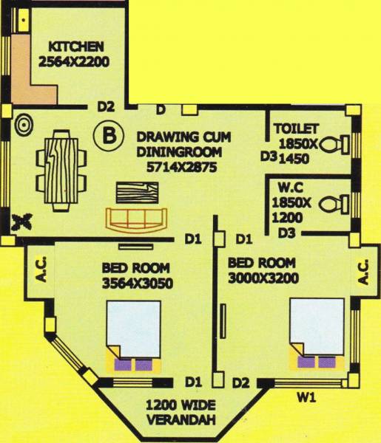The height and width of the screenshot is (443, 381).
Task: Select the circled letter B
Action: click(x=109, y=135)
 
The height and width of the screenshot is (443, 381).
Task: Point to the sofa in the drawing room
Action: click(x=137, y=219)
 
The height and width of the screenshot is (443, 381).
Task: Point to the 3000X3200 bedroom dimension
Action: click(x=262, y=277)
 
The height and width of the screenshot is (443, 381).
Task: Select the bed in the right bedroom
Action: click(x=317, y=332)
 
